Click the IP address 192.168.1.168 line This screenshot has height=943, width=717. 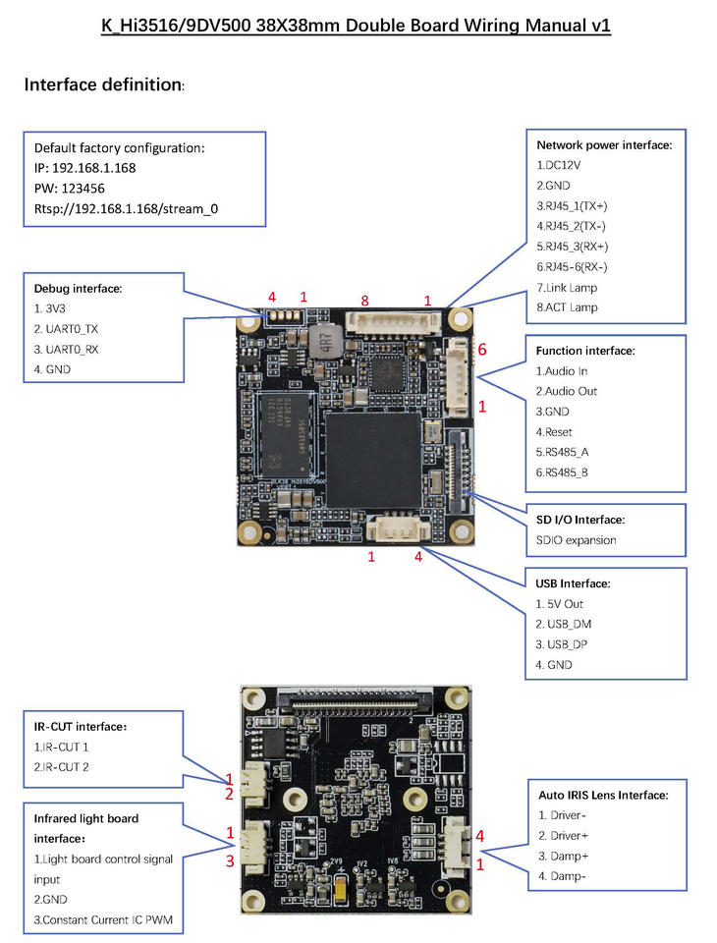point(84,168)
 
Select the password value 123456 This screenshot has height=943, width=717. point(83,189)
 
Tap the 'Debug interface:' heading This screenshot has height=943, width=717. point(78,289)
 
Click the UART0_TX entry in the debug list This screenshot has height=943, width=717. point(66,329)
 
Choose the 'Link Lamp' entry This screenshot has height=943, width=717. point(567,288)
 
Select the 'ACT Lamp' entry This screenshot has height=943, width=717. point(567,307)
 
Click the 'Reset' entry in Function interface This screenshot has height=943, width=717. point(554,432)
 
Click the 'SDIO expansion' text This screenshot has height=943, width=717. point(577,540)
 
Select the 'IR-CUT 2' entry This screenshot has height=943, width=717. point(61,767)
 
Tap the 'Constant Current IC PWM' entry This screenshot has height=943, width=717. point(103,920)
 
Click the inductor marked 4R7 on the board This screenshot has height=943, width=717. point(325,342)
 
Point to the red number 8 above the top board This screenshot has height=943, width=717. point(364,301)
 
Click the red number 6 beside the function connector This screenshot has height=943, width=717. point(482,350)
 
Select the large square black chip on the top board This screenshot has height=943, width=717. point(373,460)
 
